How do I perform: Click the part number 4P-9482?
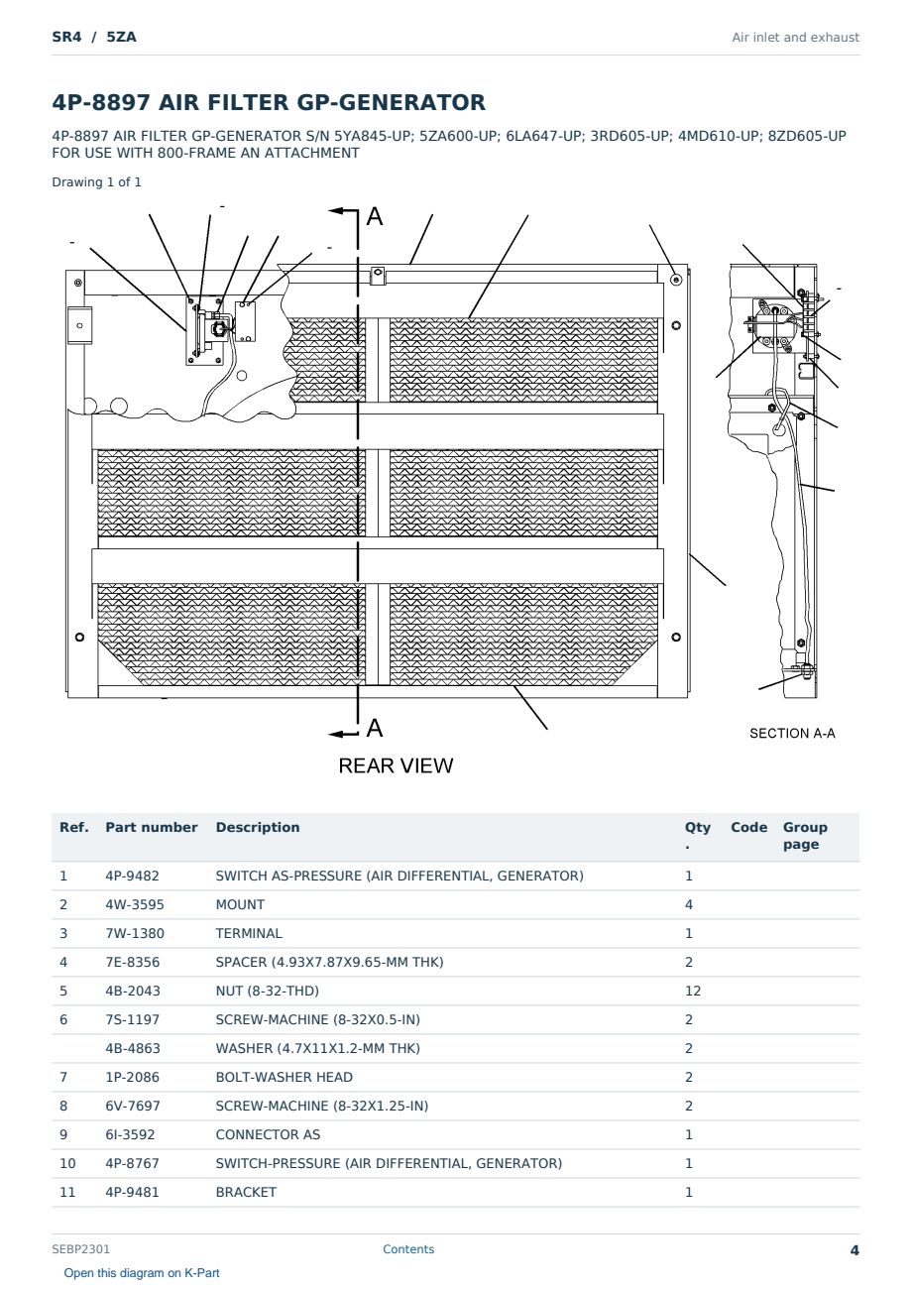coord(132,876)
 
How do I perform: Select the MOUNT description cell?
coord(240,904)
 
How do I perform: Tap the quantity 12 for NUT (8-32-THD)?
coord(693,991)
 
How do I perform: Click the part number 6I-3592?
coord(130,1134)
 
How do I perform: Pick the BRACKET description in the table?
coord(246,1192)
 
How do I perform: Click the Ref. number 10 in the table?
coord(67,1163)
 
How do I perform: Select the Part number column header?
coord(152,828)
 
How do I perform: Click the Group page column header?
coord(805,836)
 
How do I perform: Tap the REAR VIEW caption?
coord(396,765)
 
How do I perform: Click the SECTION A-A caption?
coord(792,733)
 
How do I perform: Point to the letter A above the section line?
coord(375,216)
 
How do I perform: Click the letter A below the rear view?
coord(375,728)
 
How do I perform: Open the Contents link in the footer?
coord(408,1249)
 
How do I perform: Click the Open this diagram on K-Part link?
coord(142,1273)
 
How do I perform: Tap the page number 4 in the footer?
coord(855,1250)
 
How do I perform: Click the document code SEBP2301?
coord(80,1249)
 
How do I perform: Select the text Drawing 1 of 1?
coord(97,182)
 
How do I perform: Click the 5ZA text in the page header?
coord(121,38)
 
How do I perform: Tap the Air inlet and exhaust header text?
coord(796,38)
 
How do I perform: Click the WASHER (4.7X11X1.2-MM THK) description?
coord(317,1048)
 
